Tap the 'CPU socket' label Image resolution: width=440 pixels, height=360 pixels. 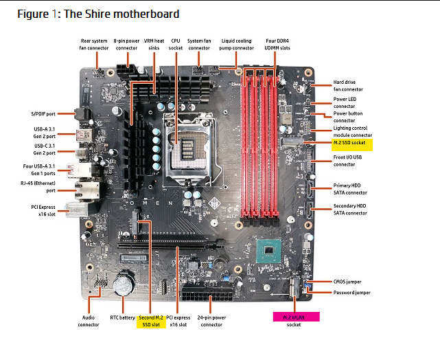tap(176, 44)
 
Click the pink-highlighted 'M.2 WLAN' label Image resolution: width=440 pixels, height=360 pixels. tap(294, 317)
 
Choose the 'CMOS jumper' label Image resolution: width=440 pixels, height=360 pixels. tap(351, 282)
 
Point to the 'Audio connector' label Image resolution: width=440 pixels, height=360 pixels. tap(89, 321)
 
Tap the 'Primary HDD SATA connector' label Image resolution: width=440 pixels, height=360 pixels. tap(350, 189)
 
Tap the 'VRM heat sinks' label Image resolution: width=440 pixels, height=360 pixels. tap(155, 44)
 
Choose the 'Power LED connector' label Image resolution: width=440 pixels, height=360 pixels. tap(347, 102)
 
